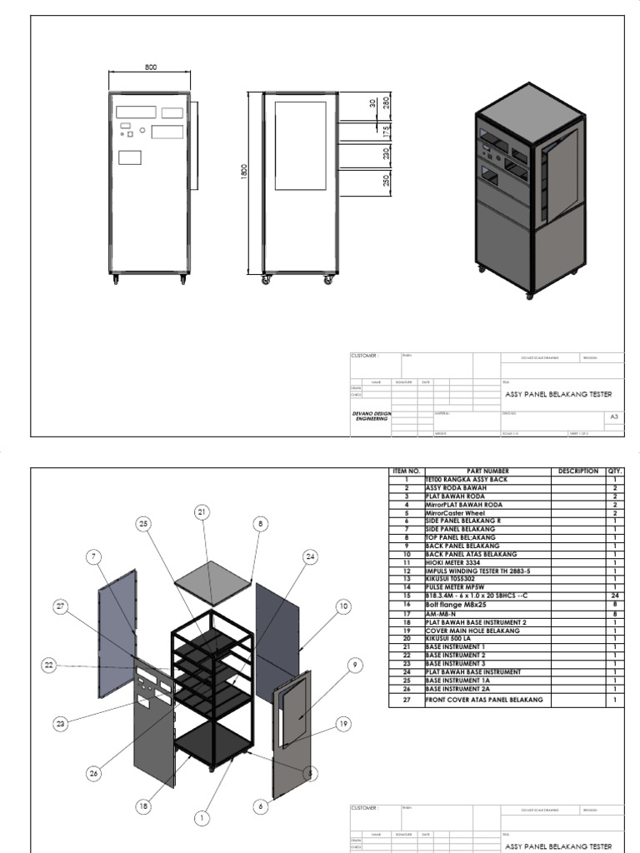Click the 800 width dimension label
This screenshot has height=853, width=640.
point(151,67)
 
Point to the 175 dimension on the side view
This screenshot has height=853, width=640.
point(386,132)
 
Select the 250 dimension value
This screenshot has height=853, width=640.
point(386,182)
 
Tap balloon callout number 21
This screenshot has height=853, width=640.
point(201,511)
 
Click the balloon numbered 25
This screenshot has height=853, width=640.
point(144,523)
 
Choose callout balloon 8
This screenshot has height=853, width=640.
point(260,523)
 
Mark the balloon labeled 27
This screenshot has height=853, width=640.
point(60,606)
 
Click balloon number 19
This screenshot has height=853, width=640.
point(318,723)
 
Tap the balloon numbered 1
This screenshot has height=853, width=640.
point(201,818)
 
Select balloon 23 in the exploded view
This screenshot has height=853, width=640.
point(60,724)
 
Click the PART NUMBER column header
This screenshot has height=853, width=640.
point(487,471)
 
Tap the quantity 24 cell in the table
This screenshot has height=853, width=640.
point(614,596)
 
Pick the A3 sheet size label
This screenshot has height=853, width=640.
point(614,416)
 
